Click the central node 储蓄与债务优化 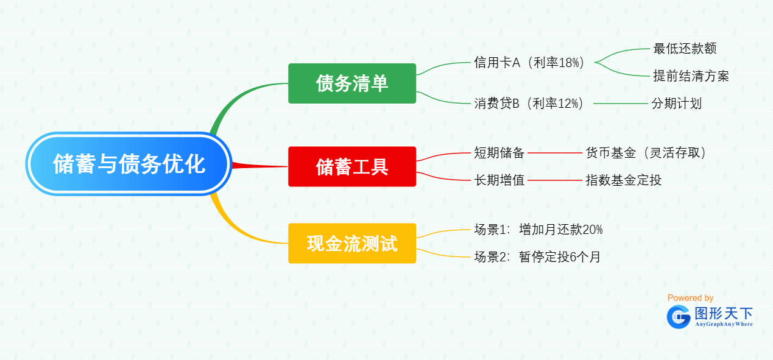pos(129,164)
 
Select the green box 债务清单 pos(352,83)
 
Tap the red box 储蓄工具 pos(352,166)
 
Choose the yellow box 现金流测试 pos(352,244)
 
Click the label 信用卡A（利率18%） pos(529,63)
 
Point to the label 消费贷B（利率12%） pos(529,104)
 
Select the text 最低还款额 pos(684,49)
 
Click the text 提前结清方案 pos(691,76)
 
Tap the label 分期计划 pos(676,104)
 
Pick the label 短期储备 pos(499,153)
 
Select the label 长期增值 pos(499,180)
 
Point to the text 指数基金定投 pos(623,180)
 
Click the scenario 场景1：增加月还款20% pos(538,230)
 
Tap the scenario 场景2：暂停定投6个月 pos(537,257)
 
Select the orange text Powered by pos(690,298)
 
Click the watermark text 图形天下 pos(724,314)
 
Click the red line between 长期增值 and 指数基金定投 pos(554,180)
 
